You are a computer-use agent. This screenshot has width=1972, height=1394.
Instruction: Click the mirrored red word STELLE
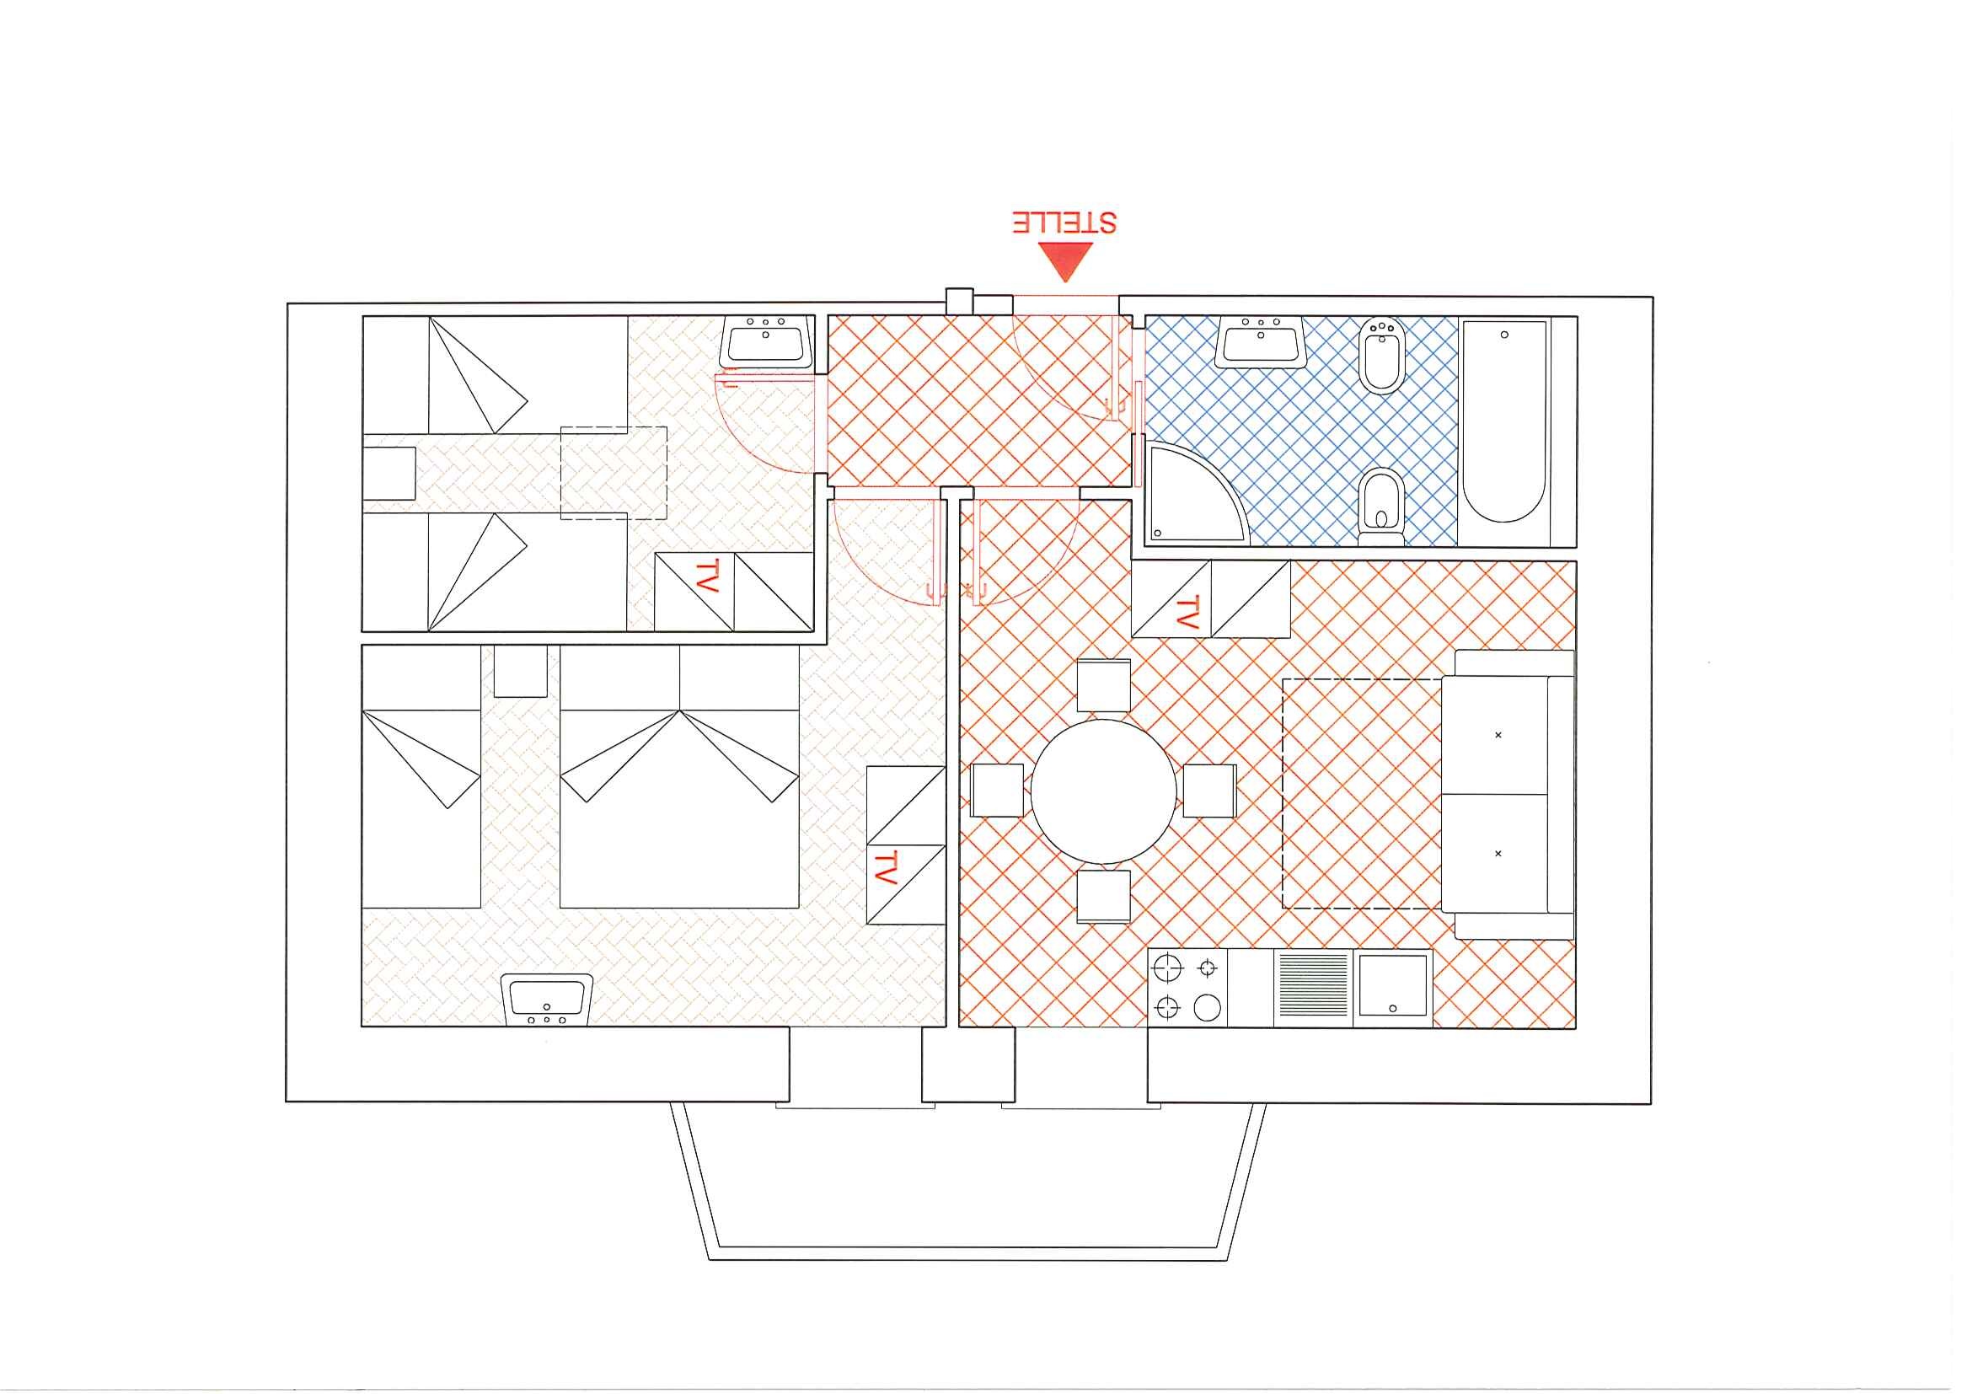pyautogui.click(x=1064, y=222)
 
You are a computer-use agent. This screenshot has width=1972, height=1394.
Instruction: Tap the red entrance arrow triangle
pyautogui.click(x=1065, y=260)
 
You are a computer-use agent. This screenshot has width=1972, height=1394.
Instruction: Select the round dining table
pyautogui.click(x=1104, y=791)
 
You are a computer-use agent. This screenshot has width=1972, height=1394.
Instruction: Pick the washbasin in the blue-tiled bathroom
pyautogui.click(x=1261, y=342)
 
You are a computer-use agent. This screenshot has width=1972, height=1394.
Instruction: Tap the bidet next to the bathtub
pyautogui.click(x=1382, y=356)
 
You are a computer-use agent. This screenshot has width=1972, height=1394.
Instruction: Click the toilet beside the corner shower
pyautogui.click(x=1381, y=507)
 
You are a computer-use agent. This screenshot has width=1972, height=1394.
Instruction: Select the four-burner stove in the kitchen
pyautogui.click(x=1188, y=988)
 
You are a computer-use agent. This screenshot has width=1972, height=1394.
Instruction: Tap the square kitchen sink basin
pyautogui.click(x=1393, y=987)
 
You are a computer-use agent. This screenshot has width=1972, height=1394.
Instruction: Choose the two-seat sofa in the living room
pyautogui.click(x=1508, y=795)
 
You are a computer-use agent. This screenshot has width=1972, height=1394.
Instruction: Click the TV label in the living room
pyautogui.click(x=1187, y=614)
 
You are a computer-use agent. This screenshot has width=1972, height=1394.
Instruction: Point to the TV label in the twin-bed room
pyautogui.click(x=706, y=576)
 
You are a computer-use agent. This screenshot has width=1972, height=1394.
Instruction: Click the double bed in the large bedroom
pyautogui.click(x=679, y=776)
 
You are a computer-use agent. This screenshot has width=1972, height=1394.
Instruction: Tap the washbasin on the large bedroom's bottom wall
pyautogui.click(x=547, y=1000)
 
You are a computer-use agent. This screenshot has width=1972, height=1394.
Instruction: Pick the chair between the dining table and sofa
pyautogui.click(x=1209, y=791)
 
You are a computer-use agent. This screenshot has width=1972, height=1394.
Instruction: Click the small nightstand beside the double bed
pyautogui.click(x=521, y=671)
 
